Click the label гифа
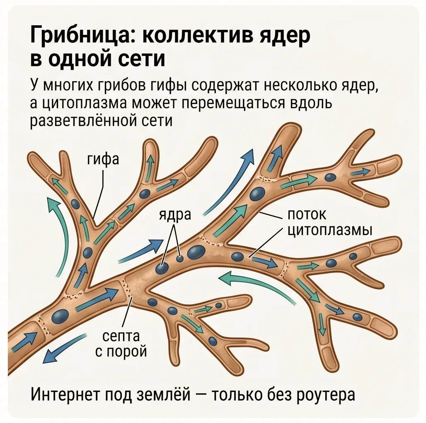pyautogui.click(x=103, y=159)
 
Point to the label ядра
pyautogui.click(x=175, y=215)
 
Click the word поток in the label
pyautogui.click(x=307, y=215)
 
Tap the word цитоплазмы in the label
pyautogui.click(x=330, y=231)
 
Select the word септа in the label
pyautogui.click(x=121, y=337)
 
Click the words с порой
pyautogui.click(x=121, y=352)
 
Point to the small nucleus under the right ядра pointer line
pyautogui.click(x=180, y=258)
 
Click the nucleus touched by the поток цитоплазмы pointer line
pyautogui.click(x=238, y=256)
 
